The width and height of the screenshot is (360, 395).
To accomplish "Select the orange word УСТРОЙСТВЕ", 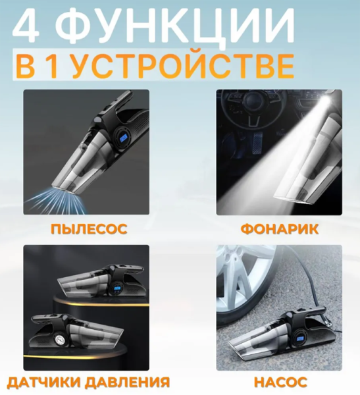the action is pyautogui.click(x=184, y=65).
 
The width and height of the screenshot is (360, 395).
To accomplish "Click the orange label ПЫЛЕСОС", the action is pyautogui.click(x=89, y=229).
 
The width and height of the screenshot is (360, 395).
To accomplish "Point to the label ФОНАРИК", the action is pyautogui.click(x=280, y=229).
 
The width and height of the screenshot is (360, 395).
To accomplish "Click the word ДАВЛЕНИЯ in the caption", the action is pyautogui.click(x=127, y=382).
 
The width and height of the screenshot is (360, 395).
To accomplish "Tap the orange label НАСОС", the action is pyautogui.click(x=280, y=382).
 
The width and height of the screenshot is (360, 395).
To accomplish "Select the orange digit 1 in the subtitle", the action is pyautogui.click(x=51, y=65).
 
